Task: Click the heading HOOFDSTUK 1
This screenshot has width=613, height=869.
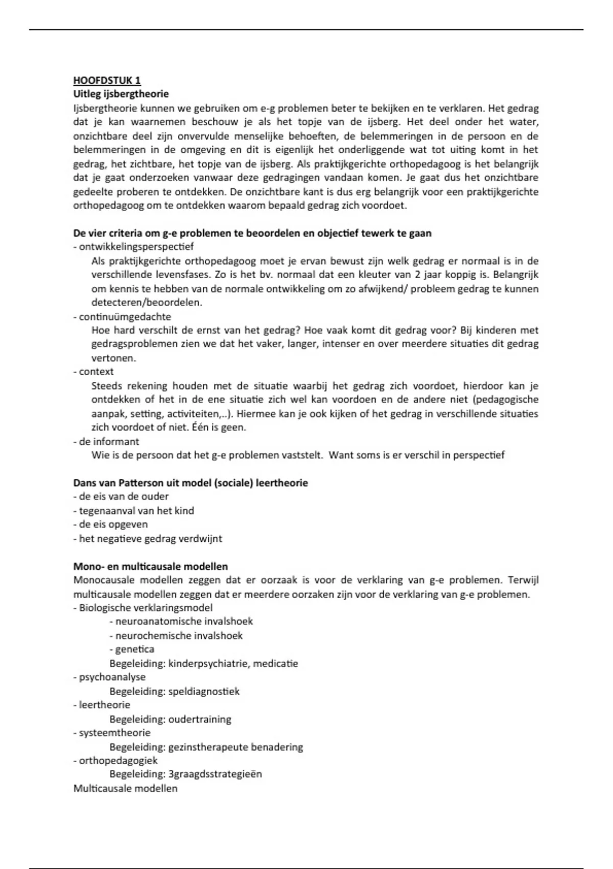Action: click(107, 80)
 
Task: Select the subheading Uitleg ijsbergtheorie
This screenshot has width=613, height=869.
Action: click(121, 94)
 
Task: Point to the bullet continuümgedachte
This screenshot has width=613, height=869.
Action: click(122, 316)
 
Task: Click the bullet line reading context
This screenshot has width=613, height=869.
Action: click(93, 372)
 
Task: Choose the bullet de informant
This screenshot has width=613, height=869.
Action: click(106, 441)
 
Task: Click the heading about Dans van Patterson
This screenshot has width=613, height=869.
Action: click(190, 483)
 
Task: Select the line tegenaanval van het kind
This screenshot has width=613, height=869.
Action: click(133, 511)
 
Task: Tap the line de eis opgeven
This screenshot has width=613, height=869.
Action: click(110, 524)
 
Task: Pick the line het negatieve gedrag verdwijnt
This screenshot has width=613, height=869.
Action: click(148, 538)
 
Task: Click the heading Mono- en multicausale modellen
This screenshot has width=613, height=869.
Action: click(150, 566)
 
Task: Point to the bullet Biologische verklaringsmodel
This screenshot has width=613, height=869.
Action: click(143, 608)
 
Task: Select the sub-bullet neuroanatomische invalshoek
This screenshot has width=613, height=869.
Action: click(181, 622)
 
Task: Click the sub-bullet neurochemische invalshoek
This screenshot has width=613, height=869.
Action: click(176, 635)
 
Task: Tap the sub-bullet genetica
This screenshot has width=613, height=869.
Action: click(132, 649)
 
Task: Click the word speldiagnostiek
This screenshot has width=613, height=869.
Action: click(204, 691)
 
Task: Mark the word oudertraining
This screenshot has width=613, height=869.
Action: click(199, 719)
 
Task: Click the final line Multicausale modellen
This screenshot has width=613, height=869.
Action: click(125, 788)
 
